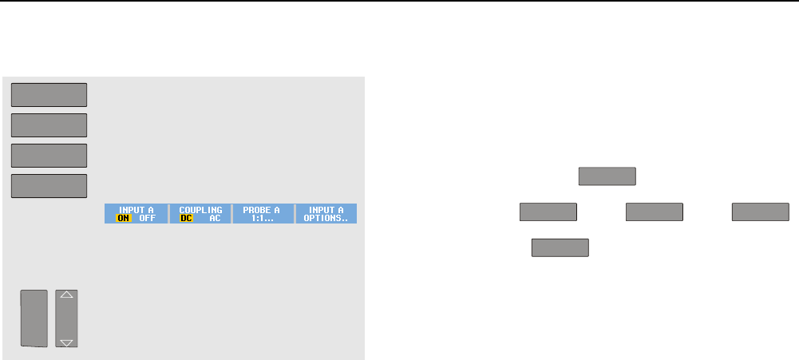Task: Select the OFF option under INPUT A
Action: coord(147,218)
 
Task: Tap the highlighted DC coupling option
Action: coord(187,218)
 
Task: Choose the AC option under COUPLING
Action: coord(214,218)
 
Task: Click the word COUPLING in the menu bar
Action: coord(200,209)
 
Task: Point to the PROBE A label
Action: coord(262,209)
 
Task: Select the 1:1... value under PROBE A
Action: coord(262,218)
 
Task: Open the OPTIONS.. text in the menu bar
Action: coord(326,218)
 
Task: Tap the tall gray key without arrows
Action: coord(34,318)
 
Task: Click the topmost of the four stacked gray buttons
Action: coord(49,94)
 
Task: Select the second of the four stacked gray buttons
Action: coord(49,125)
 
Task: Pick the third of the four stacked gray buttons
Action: coord(49,156)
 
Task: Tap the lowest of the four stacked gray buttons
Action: coord(49,186)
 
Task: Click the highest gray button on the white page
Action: coord(607,176)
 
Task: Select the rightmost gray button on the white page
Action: coord(761,212)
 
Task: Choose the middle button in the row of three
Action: coord(655,212)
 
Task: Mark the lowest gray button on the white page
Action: coord(560,247)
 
